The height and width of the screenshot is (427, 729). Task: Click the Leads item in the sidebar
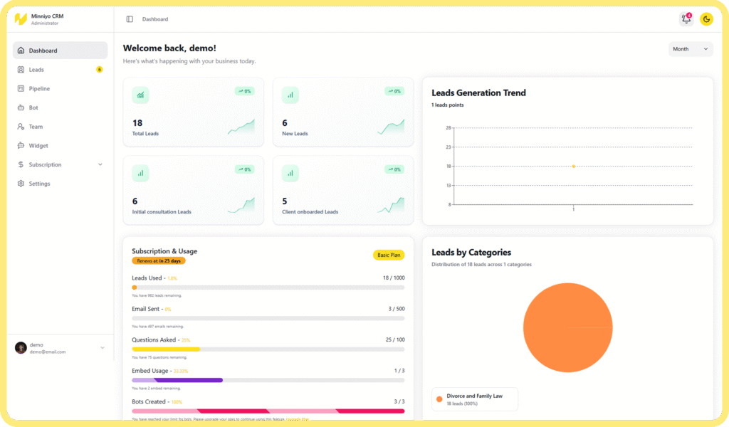coord(36,70)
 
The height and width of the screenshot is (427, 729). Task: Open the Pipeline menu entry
coord(39,89)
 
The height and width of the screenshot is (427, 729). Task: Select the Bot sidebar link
coord(33,107)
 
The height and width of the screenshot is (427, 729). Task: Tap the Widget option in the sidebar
coord(38,146)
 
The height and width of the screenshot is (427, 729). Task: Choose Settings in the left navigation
coord(39,184)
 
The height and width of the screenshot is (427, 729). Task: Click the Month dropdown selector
coord(691,49)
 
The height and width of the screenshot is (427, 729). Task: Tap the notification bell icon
coord(686,19)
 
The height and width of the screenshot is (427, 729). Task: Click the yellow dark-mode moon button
coord(706,19)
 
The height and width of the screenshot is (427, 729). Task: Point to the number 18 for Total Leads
coord(137,123)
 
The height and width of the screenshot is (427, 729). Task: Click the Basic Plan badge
coord(388,255)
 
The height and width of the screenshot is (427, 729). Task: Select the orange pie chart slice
coord(567,327)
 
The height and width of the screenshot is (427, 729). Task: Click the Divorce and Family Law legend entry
coord(474,399)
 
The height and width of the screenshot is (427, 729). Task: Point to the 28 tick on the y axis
coord(449,128)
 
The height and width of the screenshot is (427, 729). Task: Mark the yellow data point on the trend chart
coord(573,167)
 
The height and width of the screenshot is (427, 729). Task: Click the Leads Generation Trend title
coord(478,93)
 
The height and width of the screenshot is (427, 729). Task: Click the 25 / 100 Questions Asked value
coord(395,339)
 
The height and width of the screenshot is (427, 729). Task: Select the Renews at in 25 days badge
coord(158,261)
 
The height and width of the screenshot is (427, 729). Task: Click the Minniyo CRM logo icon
coord(21,19)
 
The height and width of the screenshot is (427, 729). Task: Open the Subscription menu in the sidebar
coord(45,164)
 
